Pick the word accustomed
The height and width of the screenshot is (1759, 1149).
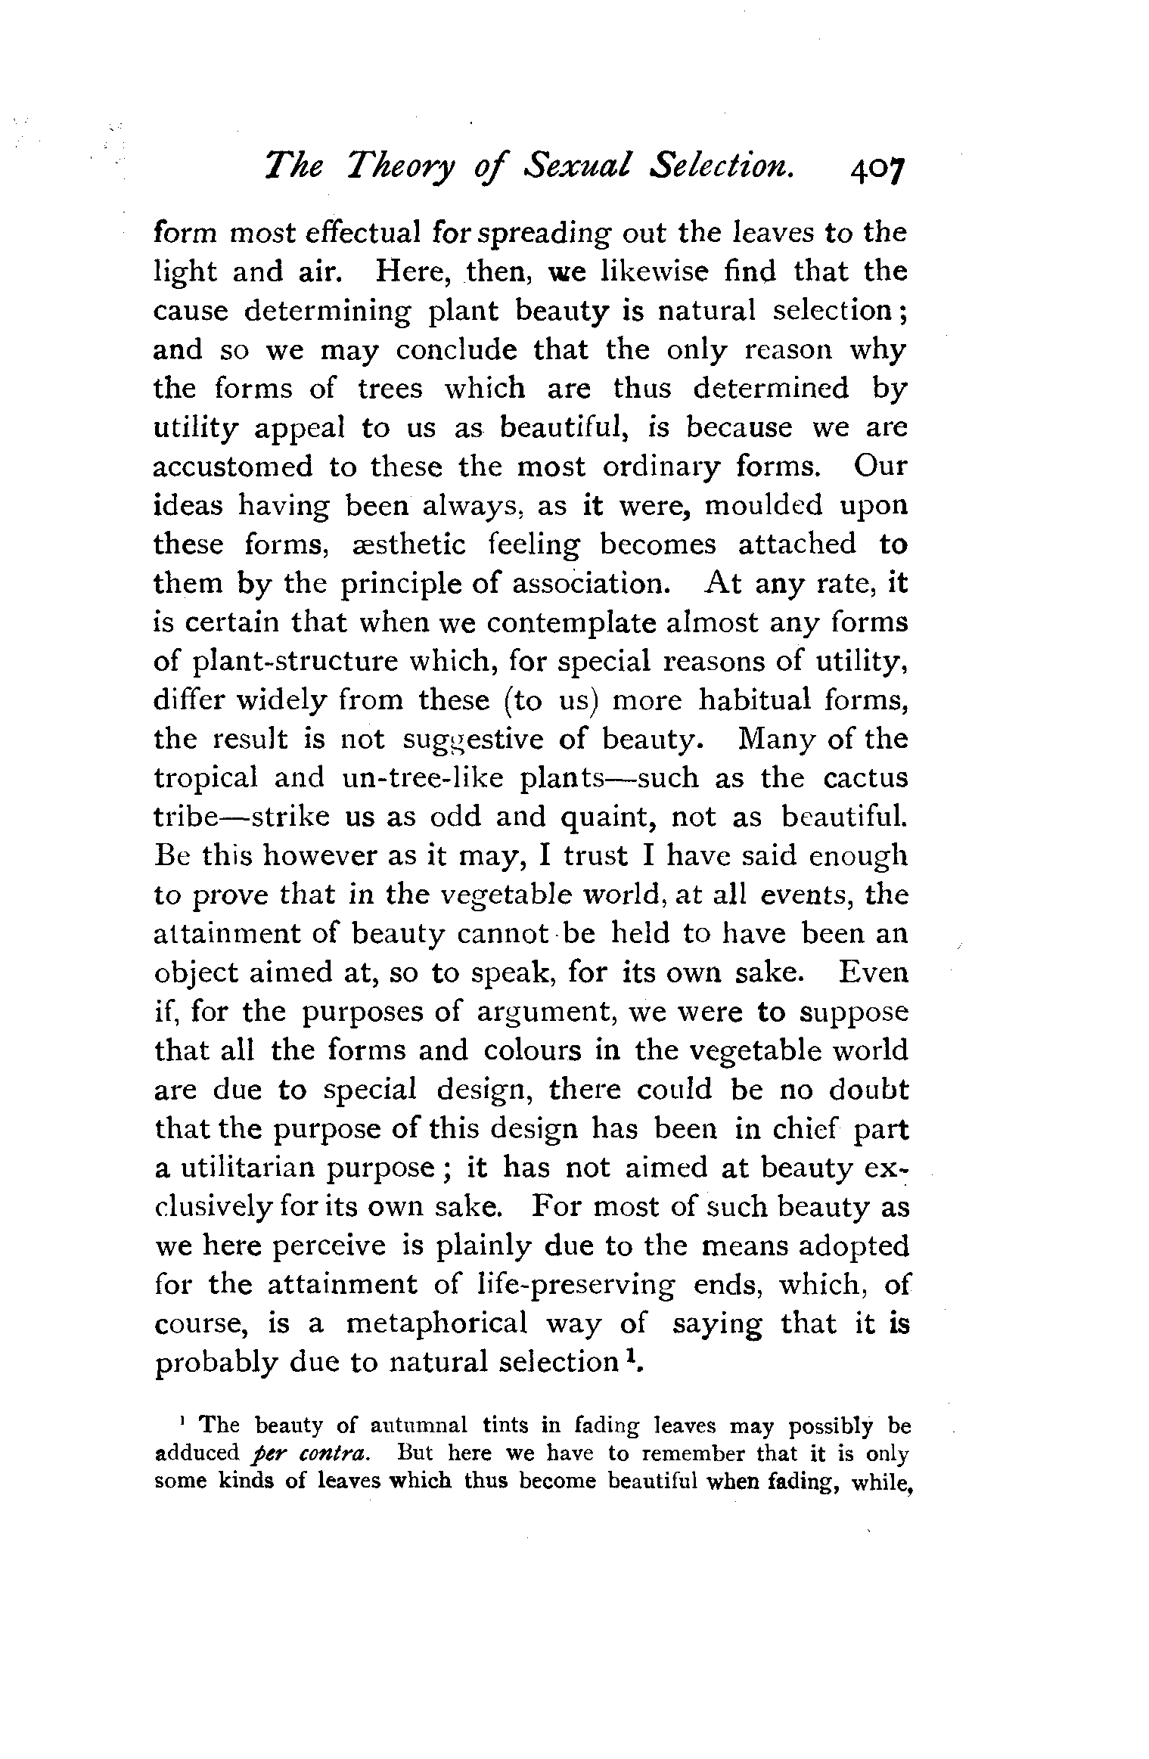(x=233, y=467)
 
